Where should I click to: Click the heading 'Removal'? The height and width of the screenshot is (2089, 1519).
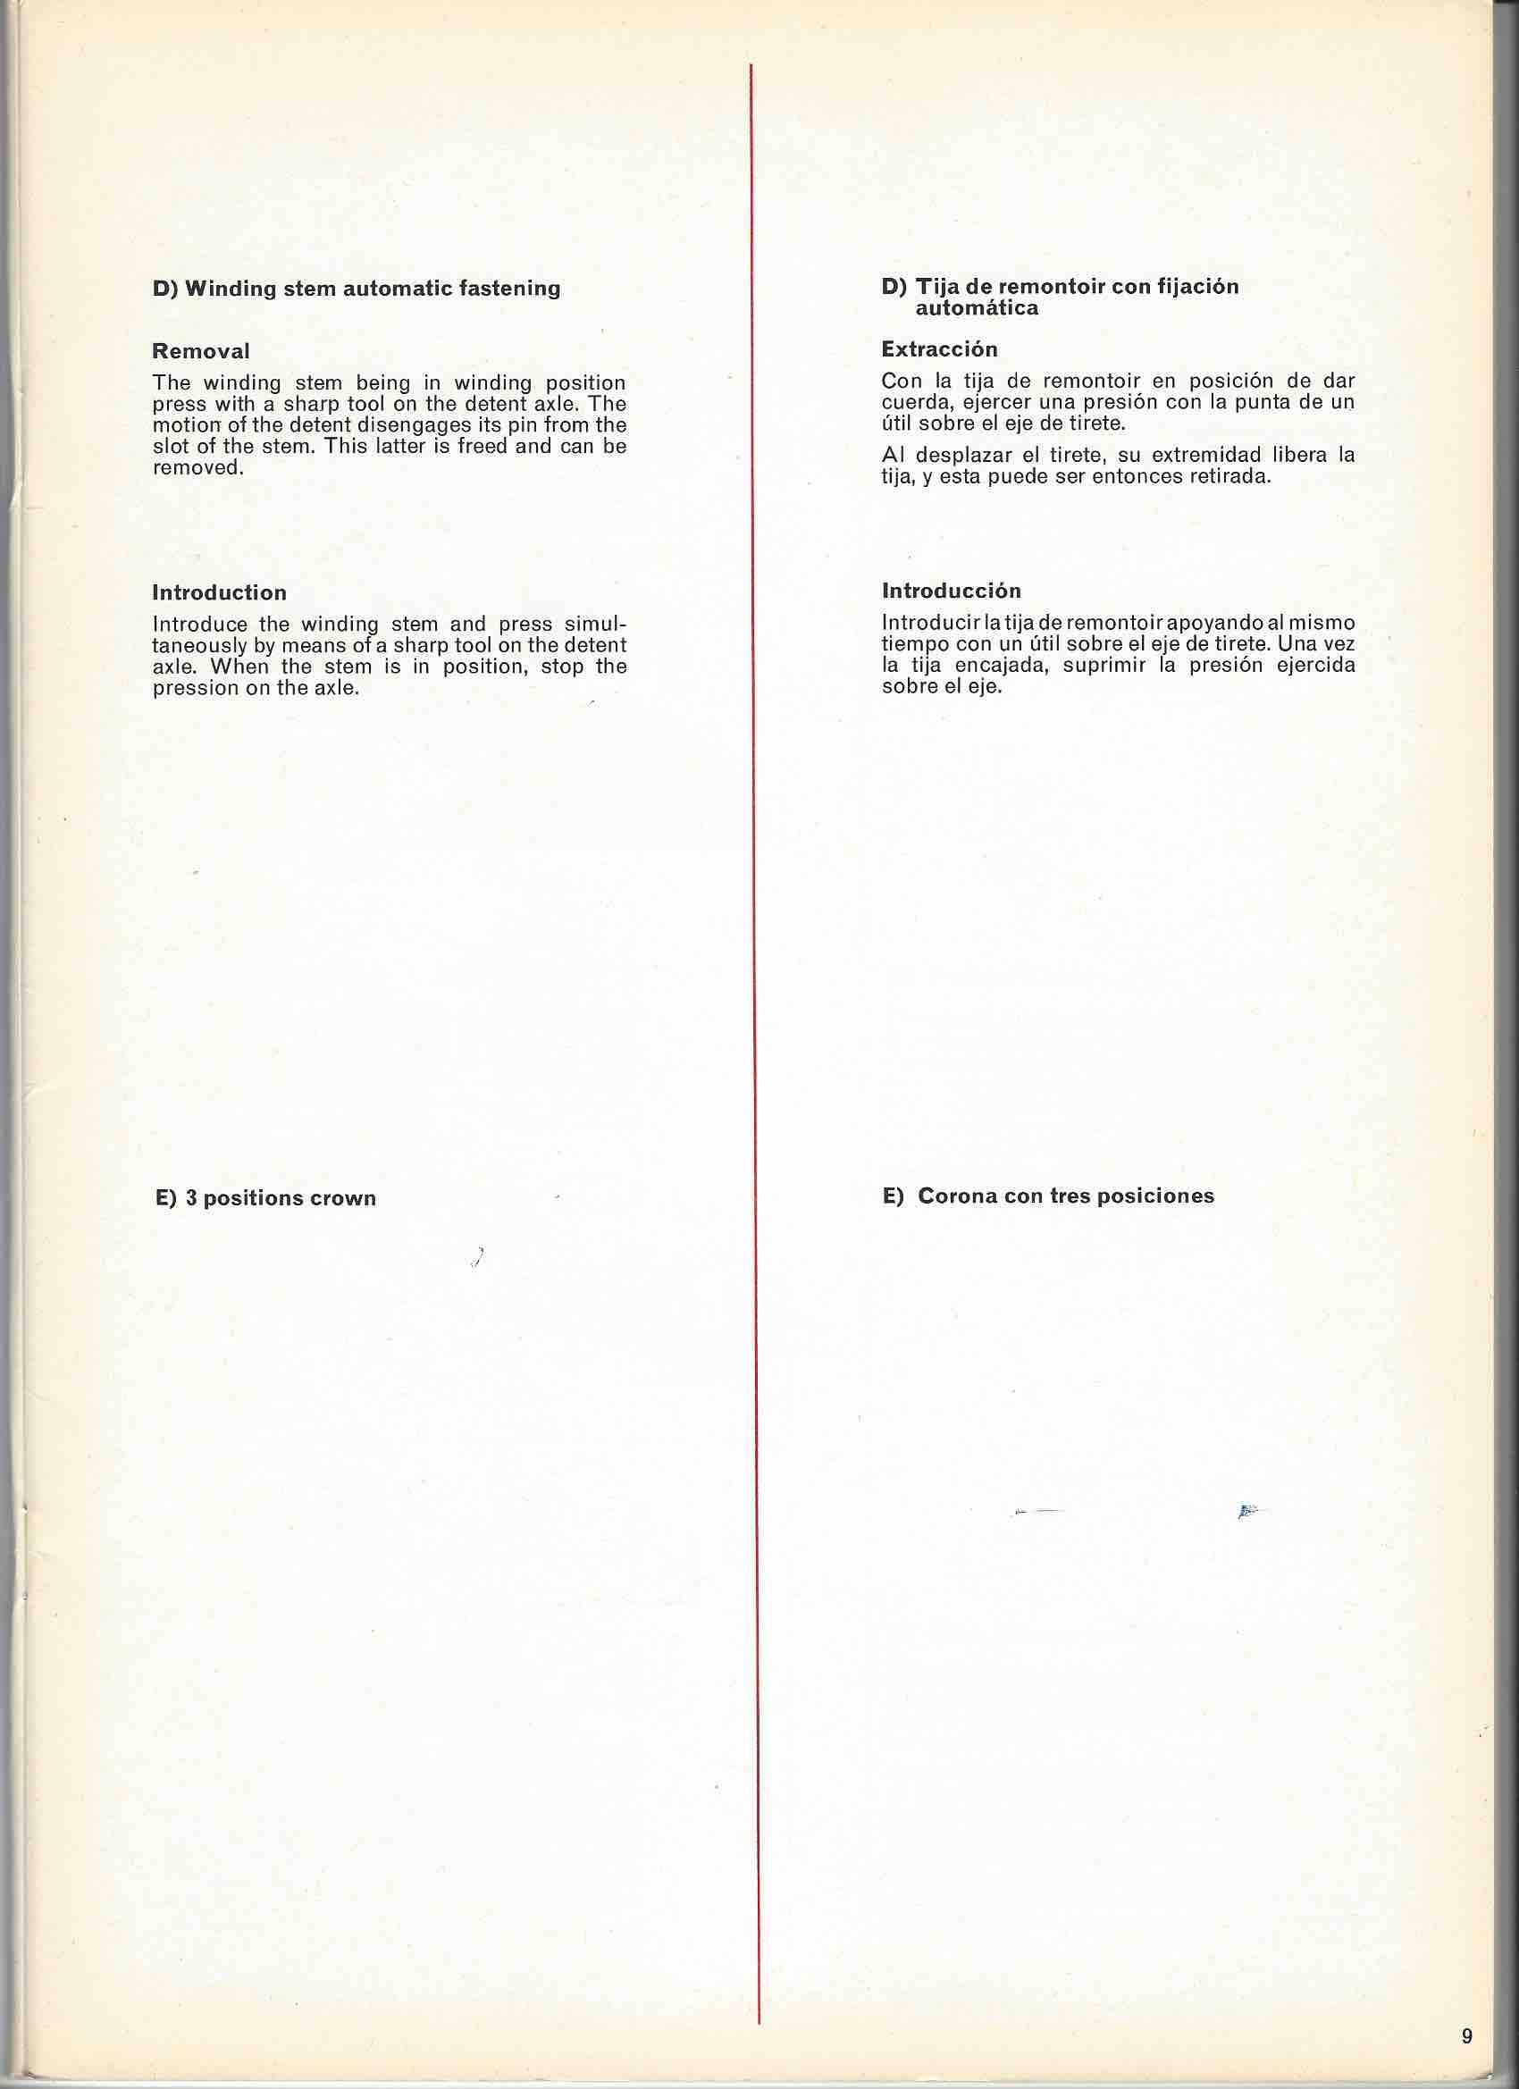point(201,351)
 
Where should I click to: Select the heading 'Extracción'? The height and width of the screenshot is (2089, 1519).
point(939,349)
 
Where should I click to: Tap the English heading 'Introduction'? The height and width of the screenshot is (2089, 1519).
point(219,592)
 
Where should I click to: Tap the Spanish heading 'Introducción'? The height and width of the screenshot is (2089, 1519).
point(951,591)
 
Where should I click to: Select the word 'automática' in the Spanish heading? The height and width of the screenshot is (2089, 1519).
point(977,307)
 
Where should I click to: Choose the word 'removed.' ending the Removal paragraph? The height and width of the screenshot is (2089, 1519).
point(198,467)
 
